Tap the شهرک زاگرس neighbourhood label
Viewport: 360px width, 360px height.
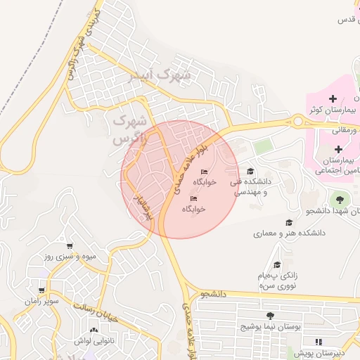tap(131, 129)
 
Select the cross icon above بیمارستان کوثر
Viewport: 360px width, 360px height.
tap(333, 97)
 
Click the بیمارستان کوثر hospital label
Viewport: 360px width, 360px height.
tap(333, 110)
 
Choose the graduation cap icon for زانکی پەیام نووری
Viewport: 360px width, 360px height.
tap(277, 264)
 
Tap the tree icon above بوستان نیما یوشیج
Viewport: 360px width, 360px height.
tap(271, 316)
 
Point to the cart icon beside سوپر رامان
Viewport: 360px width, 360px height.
tap(41, 290)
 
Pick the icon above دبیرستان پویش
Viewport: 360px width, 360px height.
tap(319, 342)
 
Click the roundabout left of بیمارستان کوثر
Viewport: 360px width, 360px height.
tap(299, 122)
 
